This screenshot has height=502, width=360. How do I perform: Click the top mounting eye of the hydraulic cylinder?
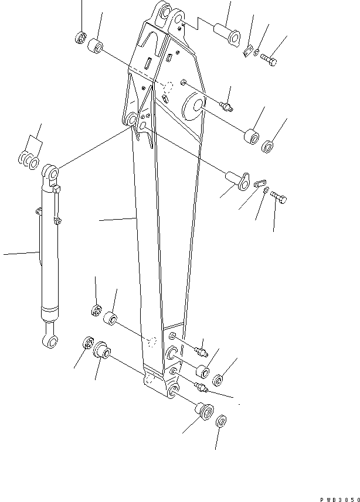50,174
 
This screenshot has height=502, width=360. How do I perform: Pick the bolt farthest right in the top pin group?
270,58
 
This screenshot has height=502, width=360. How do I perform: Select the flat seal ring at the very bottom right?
222,422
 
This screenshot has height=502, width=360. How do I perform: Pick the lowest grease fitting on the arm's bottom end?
200,387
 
